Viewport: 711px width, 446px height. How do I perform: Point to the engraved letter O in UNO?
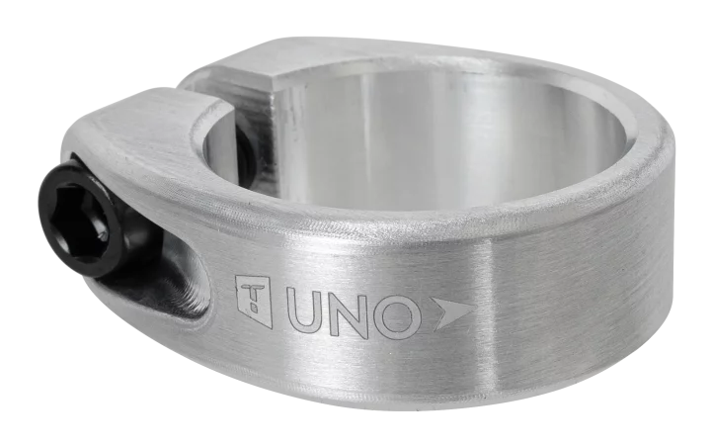[396, 317]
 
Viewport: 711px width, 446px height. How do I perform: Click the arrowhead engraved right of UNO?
[453, 314]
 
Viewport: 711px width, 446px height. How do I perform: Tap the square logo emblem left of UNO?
[253, 301]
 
